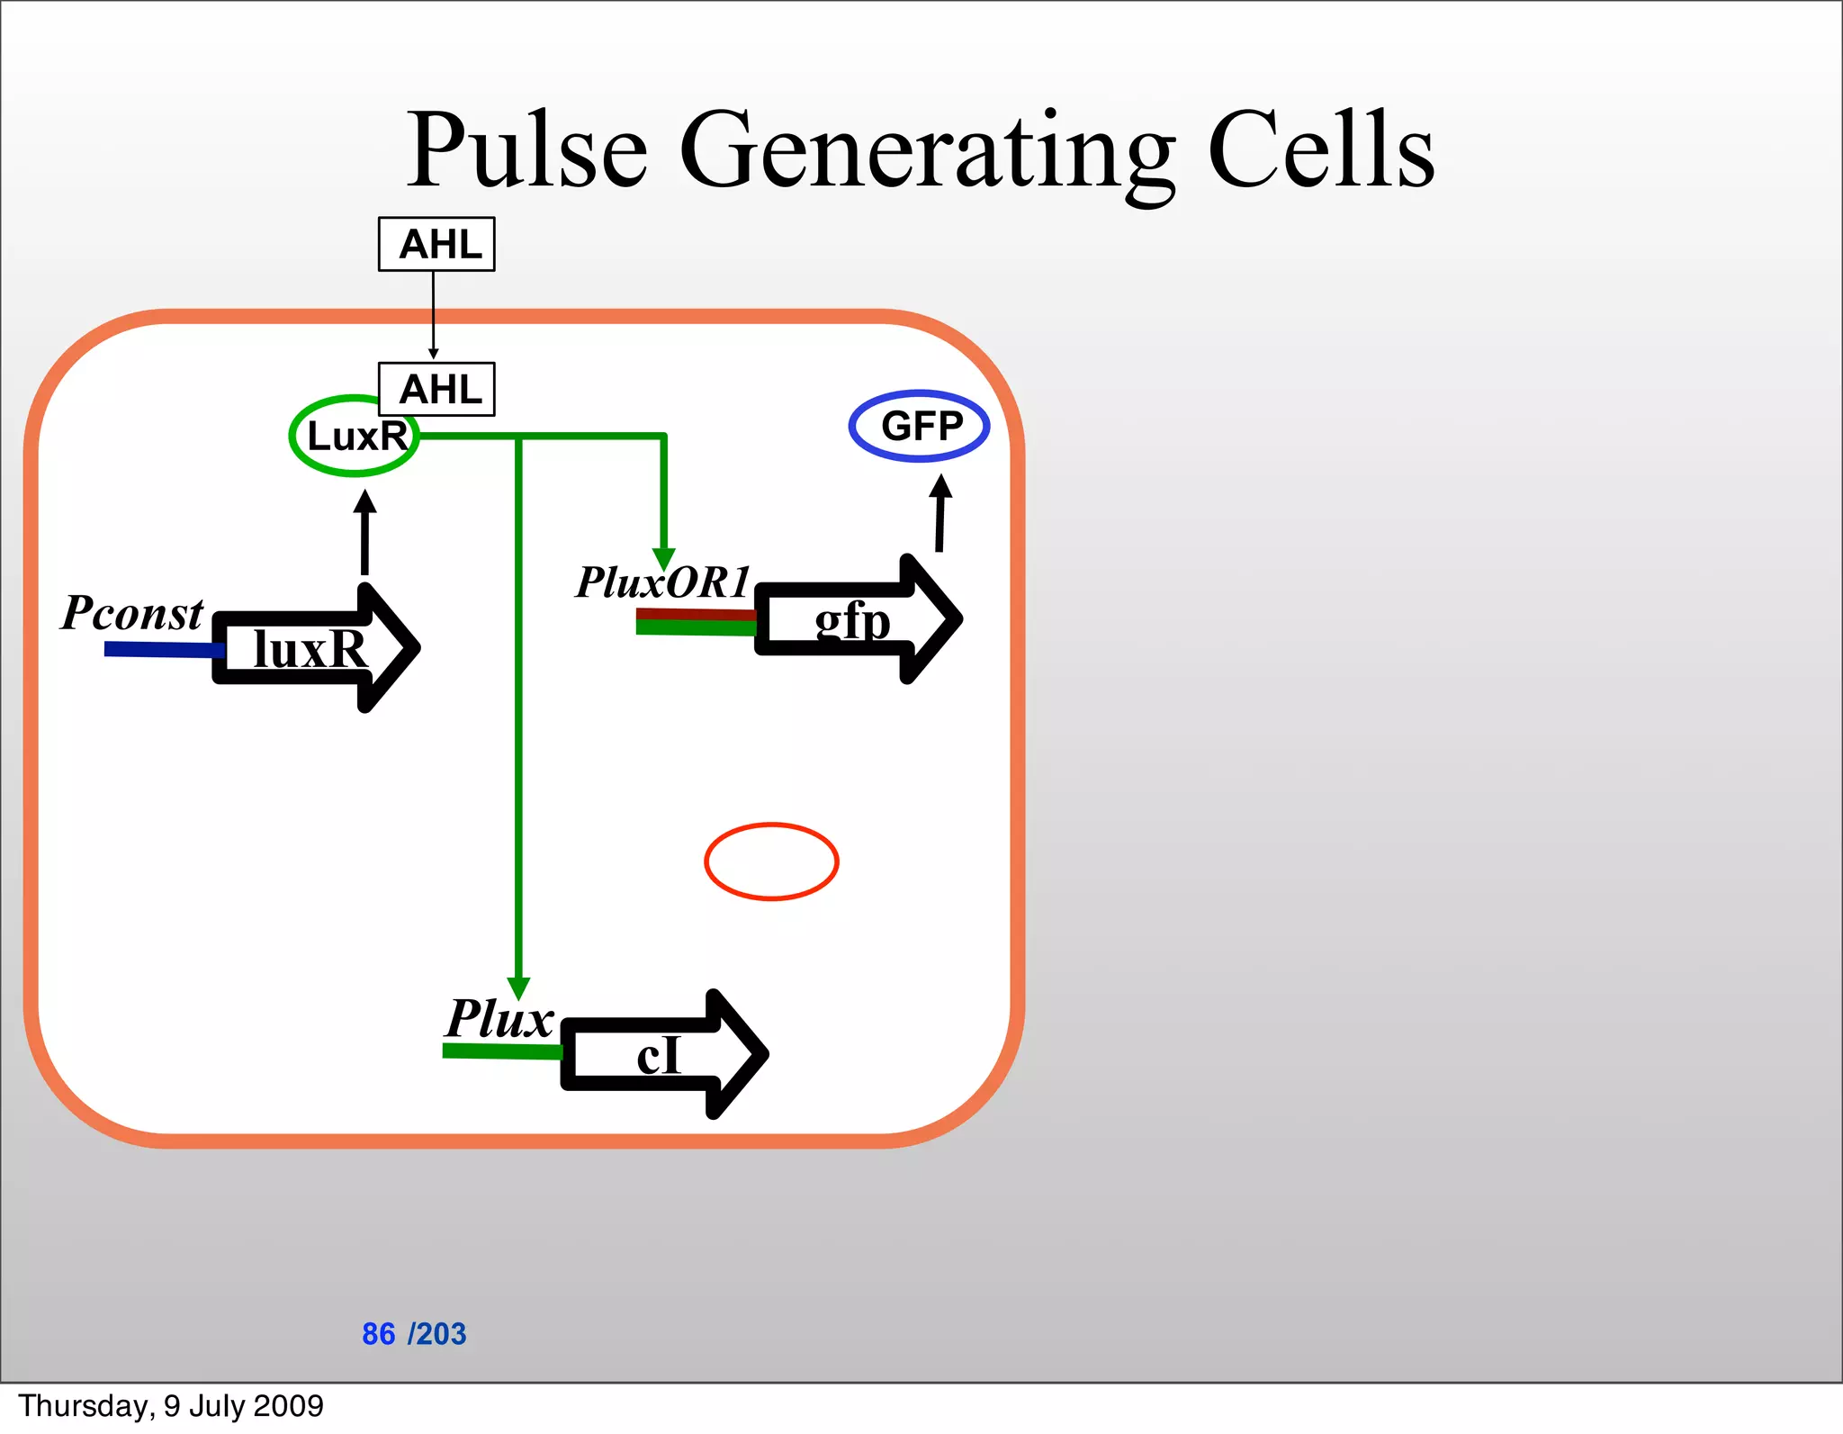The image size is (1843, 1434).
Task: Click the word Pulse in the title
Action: pos(527,150)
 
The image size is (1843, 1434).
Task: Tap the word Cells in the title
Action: pos(1320,150)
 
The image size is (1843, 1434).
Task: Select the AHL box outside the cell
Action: pos(436,244)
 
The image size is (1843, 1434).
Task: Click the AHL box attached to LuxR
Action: pos(436,389)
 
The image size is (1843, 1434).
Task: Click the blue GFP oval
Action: pos(919,426)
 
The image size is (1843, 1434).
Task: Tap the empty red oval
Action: pos(771,861)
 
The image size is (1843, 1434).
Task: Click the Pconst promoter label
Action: pos(132,614)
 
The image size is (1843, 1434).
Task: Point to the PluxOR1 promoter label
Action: pos(663,582)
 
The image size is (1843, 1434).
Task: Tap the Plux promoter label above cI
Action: pos(499,1019)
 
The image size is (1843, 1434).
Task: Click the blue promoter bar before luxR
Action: pos(162,649)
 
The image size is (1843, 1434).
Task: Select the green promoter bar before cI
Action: pos(501,1051)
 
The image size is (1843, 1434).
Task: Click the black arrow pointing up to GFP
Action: pos(940,513)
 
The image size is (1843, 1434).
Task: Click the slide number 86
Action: pos(378,1333)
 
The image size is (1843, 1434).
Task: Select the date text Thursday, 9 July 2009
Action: pos(171,1406)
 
